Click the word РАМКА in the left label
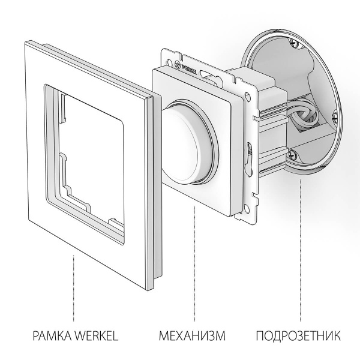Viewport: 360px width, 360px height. point(50,334)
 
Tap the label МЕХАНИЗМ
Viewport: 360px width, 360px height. point(193,334)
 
